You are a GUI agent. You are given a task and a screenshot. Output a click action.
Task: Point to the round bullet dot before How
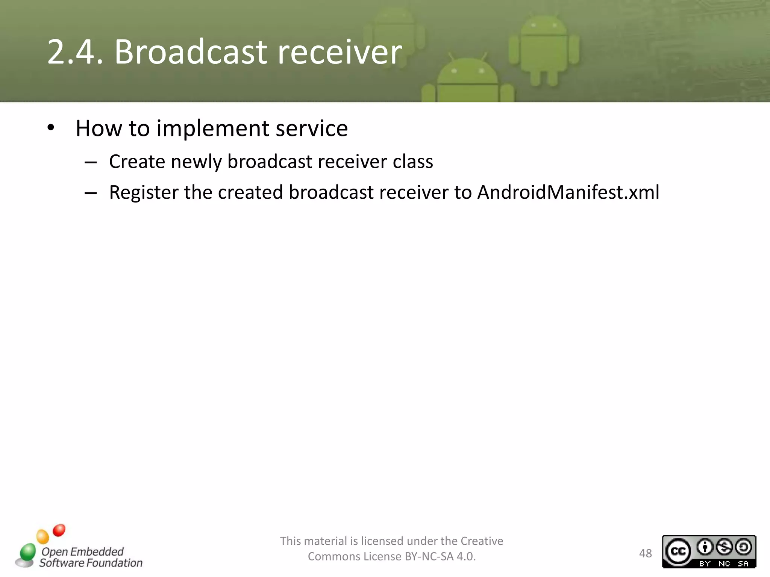51,128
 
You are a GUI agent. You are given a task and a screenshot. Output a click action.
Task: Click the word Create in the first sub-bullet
137,162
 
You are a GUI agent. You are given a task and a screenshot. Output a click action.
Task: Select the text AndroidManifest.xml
568,192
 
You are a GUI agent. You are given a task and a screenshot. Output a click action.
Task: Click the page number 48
645,553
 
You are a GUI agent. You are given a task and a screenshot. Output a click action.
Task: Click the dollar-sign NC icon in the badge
724,547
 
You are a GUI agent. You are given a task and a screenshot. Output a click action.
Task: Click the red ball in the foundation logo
59,530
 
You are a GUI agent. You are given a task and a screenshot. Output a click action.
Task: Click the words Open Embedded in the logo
82,551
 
